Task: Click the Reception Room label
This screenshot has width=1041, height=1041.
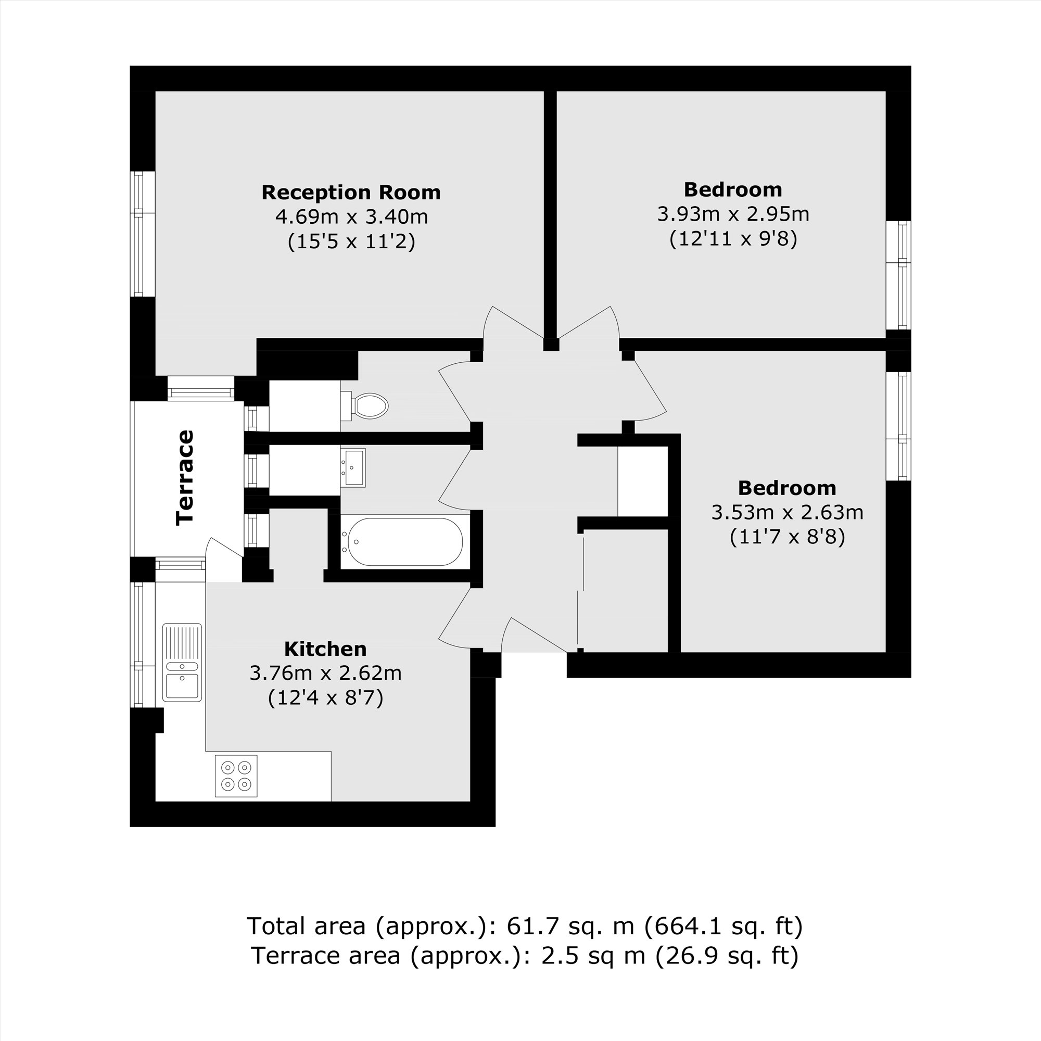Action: pos(351,193)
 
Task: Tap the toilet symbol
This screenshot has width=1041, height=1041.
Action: pos(364,405)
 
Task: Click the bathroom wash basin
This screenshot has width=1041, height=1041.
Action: pos(353,468)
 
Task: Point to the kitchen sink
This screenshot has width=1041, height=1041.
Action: pos(182,663)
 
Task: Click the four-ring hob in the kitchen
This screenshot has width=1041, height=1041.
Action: pos(236,776)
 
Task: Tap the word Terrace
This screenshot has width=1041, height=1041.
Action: pos(185,477)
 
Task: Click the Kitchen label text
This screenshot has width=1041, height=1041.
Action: pos(325,649)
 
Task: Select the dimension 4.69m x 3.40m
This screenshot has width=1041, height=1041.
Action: pos(351,217)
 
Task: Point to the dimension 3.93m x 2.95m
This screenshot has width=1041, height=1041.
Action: pos(733,214)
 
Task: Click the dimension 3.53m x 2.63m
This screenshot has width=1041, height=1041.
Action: pos(787,512)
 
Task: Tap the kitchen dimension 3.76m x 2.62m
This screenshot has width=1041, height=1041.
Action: pos(325,674)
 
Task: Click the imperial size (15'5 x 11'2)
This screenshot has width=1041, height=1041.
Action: pos(351,242)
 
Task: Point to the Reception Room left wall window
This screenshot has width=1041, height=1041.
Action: pos(143,234)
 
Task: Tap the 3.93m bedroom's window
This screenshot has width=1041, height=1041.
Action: pos(898,275)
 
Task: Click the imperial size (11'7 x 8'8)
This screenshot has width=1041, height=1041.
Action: pos(787,537)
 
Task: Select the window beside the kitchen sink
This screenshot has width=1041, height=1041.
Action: pos(143,644)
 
